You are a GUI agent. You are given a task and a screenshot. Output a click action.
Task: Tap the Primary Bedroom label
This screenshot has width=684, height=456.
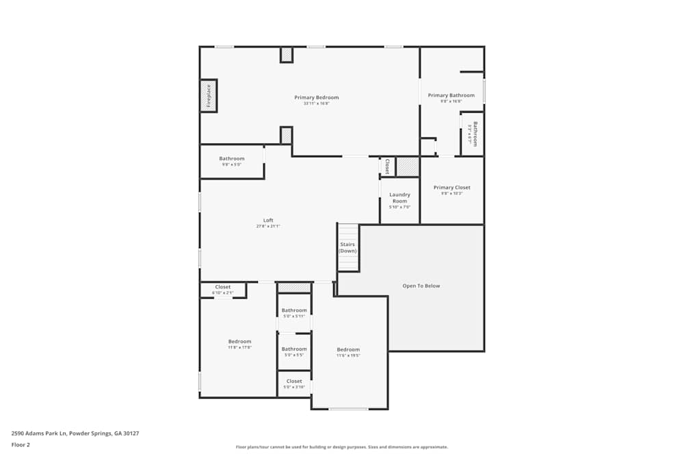coord(317,97)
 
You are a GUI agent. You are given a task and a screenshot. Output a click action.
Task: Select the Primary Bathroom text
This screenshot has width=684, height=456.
coord(451,96)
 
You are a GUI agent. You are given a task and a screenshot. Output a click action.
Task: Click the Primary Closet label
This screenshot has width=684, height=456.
coord(451,187)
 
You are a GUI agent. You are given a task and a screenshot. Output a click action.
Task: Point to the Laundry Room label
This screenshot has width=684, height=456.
coord(399,198)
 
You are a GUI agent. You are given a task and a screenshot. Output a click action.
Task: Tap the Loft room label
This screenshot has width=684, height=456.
coord(268,220)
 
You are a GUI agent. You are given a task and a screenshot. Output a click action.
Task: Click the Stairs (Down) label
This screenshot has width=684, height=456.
coord(347,247)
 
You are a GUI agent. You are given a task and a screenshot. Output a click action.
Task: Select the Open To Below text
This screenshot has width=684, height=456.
coord(421,286)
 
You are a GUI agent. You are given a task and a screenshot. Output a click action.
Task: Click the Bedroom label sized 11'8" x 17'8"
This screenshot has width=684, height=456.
coord(239,341)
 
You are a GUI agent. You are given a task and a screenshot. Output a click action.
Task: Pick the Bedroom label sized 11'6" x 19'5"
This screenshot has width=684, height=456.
coord(348,349)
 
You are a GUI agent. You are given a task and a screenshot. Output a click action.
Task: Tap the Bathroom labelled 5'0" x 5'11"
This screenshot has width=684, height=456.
coord(294,310)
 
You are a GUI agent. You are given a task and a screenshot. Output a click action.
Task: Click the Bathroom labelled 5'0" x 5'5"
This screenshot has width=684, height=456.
coord(294,349)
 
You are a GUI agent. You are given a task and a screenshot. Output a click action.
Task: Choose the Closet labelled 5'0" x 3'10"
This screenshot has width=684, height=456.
coord(294,381)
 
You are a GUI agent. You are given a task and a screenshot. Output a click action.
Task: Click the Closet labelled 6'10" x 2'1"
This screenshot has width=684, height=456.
coord(222,287)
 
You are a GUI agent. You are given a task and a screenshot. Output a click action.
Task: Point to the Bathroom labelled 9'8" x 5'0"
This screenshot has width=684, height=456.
coord(231,159)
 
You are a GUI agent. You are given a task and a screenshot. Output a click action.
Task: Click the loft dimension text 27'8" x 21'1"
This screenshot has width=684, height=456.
coord(268,226)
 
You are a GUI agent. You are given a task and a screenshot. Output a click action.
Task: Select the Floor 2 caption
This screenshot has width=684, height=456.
coord(21,444)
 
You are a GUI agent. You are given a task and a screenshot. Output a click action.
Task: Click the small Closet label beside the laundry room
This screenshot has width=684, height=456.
coord(387,166)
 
